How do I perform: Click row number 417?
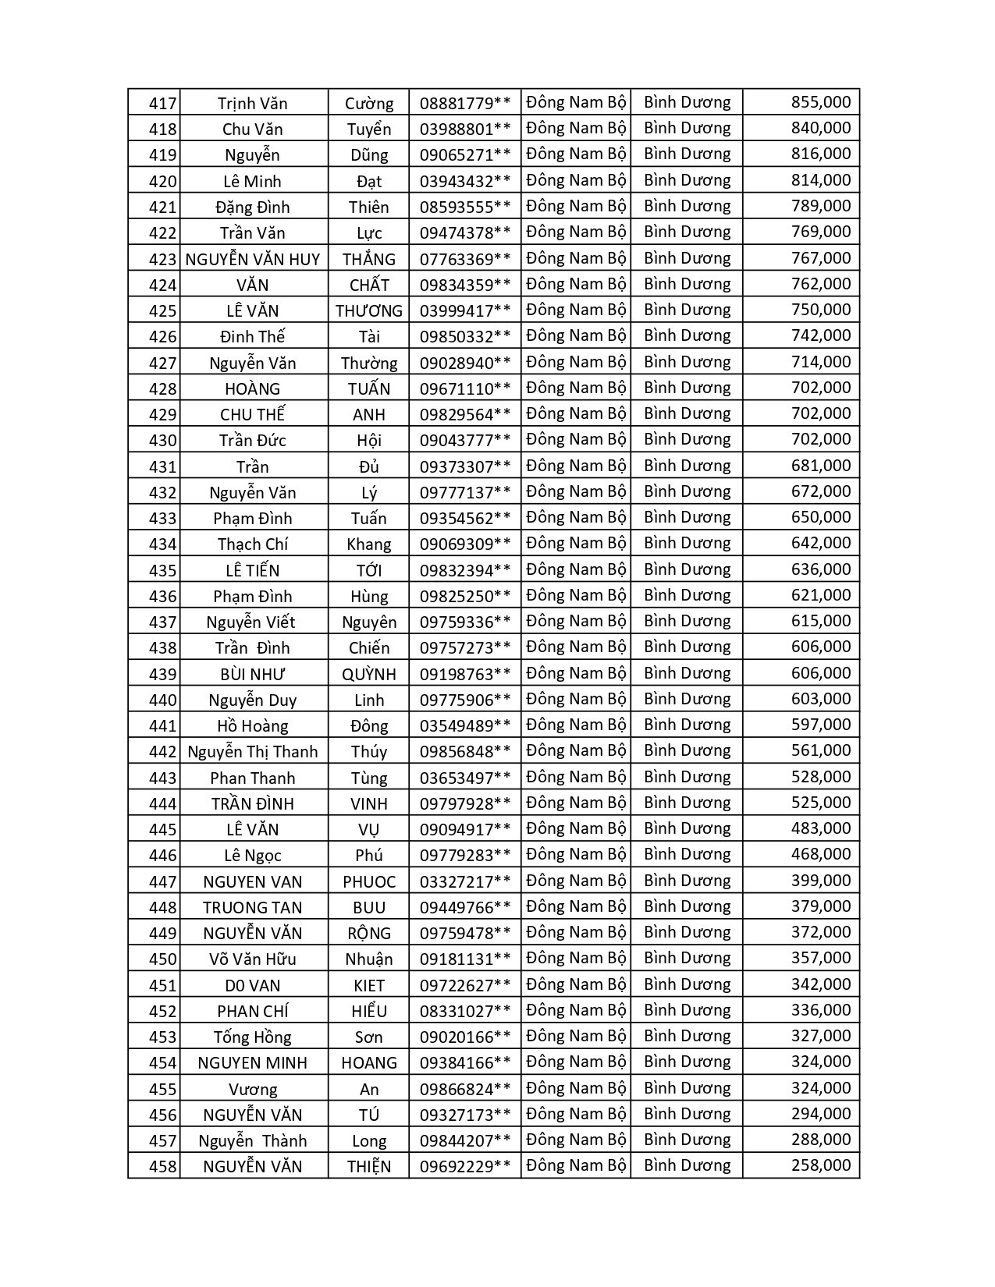pos(162,103)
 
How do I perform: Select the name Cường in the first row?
pos(369,103)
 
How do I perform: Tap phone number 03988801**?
pos(465,129)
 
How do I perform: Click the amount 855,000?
pos(820,102)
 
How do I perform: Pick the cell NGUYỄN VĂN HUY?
pos(253,259)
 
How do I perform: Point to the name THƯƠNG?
pos(369,310)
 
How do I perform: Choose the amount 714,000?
pos(820,362)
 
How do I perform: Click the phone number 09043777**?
pos(465,440)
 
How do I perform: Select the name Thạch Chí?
pos(253,544)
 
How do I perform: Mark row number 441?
pos(162,725)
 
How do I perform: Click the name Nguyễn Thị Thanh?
pos(253,751)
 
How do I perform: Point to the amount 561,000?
pos(820,750)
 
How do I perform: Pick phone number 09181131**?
pos(465,959)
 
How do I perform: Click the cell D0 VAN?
pos(253,985)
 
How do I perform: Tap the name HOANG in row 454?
pos(369,1062)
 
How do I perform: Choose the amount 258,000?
pos(820,1165)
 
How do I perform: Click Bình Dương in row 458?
pos(687,1165)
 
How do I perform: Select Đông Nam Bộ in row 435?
pos(576,569)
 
